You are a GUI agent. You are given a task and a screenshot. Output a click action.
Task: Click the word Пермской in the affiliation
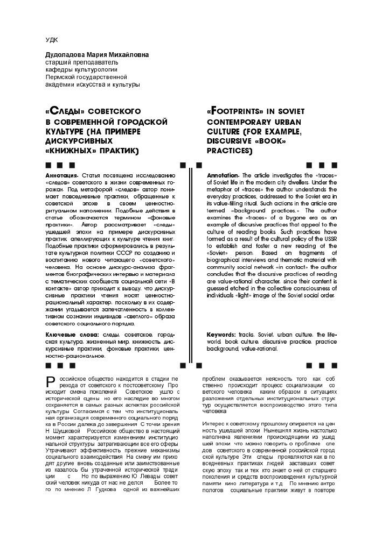[58, 77]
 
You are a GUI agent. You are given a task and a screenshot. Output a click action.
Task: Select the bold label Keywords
[221, 335]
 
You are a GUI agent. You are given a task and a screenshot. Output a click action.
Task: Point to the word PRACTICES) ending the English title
[229, 152]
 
